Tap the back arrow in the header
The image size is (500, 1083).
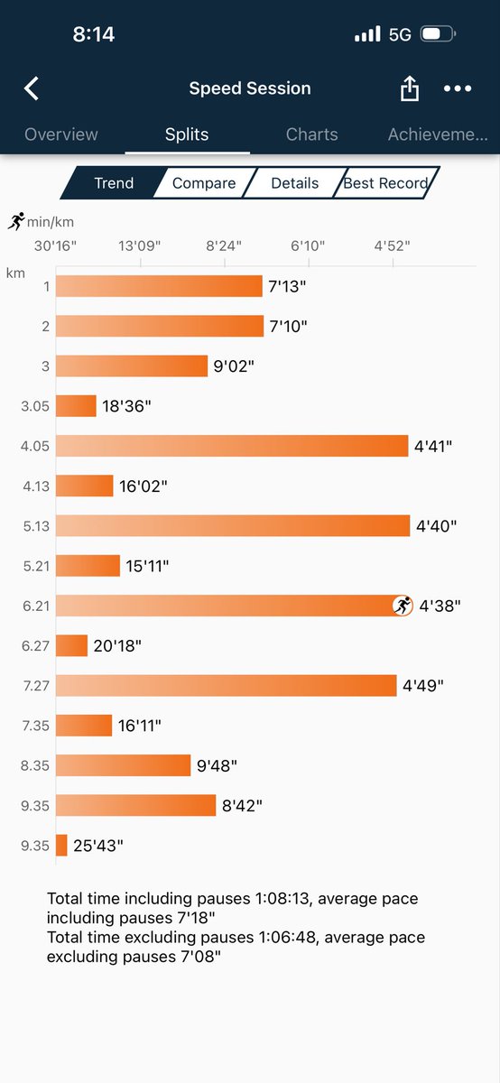32,88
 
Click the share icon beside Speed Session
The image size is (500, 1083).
409,88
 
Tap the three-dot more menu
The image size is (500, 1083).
458,88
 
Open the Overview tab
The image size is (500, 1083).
61,134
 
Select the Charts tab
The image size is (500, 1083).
311,134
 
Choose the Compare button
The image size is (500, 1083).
204,183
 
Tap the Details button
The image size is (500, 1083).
295,183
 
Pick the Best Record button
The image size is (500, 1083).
386,183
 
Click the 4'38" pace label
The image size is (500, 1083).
438,606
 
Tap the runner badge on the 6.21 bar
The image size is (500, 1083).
403,606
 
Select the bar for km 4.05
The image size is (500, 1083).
232,446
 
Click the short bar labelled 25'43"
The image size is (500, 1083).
61,846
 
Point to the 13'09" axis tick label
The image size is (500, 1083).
139,245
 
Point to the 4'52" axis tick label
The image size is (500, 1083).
393,245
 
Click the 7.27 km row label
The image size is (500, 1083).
37,686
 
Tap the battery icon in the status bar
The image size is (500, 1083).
438,34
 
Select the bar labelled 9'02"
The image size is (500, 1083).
132,366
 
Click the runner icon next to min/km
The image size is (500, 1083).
16,221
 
